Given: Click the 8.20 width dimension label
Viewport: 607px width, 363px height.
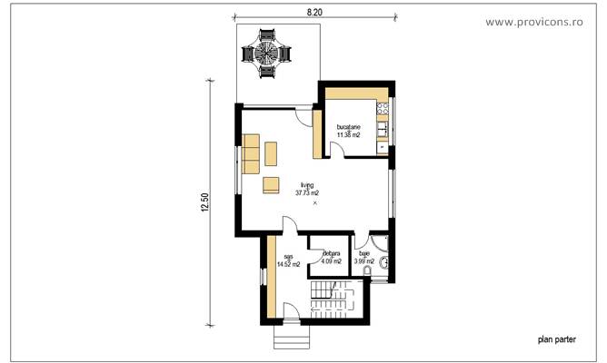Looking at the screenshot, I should pyautogui.click(x=314, y=12).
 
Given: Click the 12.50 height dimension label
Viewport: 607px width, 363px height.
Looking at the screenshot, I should pyautogui.click(x=206, y=204).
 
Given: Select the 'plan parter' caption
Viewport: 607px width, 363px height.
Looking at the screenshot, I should pyautogui.click(x=556, y=339).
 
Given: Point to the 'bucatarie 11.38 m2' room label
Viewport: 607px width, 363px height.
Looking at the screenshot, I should pyautogui.click(x=348, y=131).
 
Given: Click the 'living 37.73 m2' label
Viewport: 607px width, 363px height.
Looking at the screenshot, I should pyautogui.click(x=306, y=190).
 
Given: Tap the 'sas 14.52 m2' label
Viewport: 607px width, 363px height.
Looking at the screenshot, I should pyautogui.click(x=288, y=261).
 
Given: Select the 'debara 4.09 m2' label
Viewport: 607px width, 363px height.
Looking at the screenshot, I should pyautogui.click(x=328, y=259).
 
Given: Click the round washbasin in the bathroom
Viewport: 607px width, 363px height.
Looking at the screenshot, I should pyautogui.click(x=383, y=263).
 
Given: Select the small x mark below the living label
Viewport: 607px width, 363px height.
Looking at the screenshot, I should pyautogui.click(x=315, y=203).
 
